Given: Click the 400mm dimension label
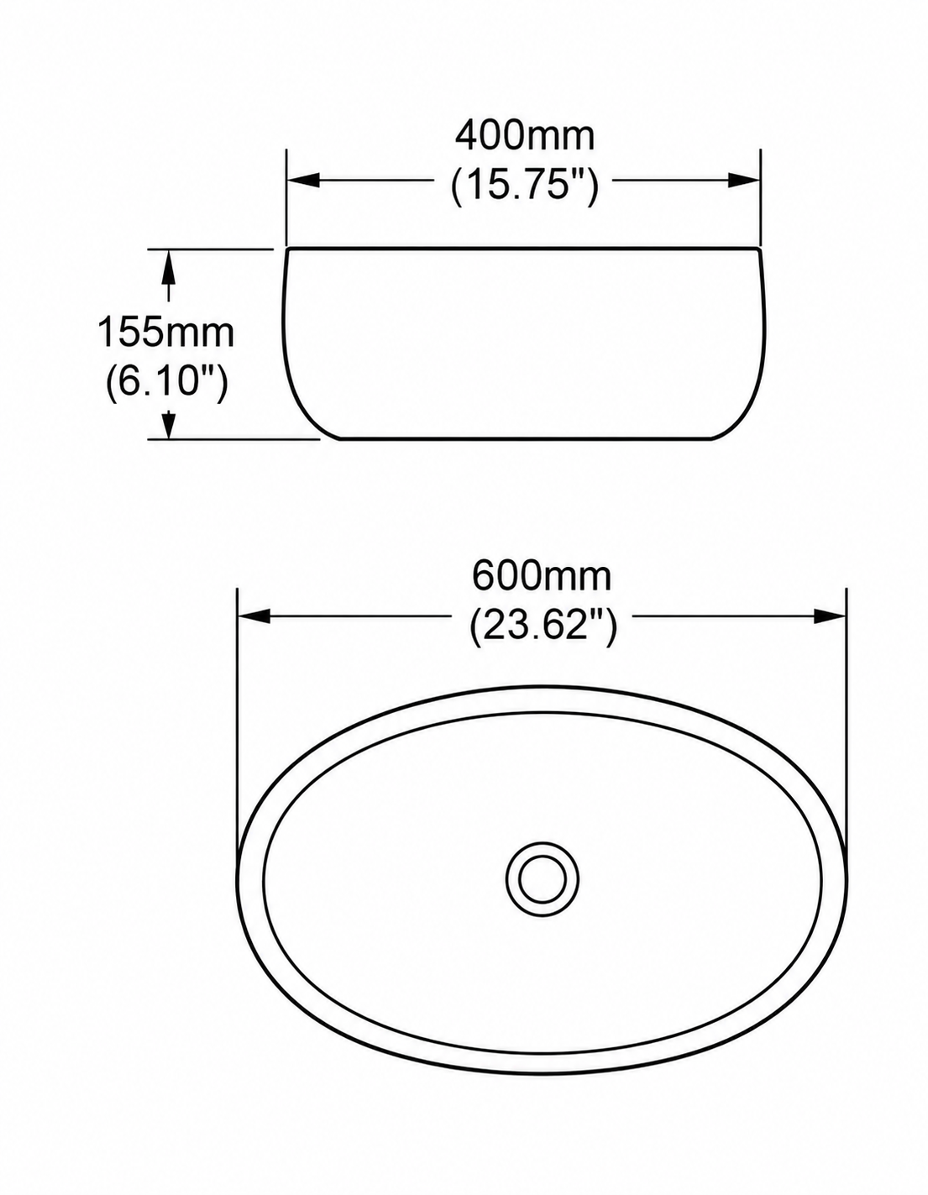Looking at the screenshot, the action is pyautogui.click(x=525, y=136).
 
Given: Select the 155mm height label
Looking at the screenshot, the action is pyautogui.click(x=165, y=333).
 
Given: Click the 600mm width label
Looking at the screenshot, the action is pyautogui.click(x=542, y=577).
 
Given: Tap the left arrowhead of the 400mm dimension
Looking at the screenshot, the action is pyautogui.click(x=303, y=180).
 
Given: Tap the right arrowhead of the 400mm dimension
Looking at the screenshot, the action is pyautogui.click(x=744, y=180).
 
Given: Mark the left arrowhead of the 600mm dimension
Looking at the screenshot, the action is pyautogui.click(x=254, y=616).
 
